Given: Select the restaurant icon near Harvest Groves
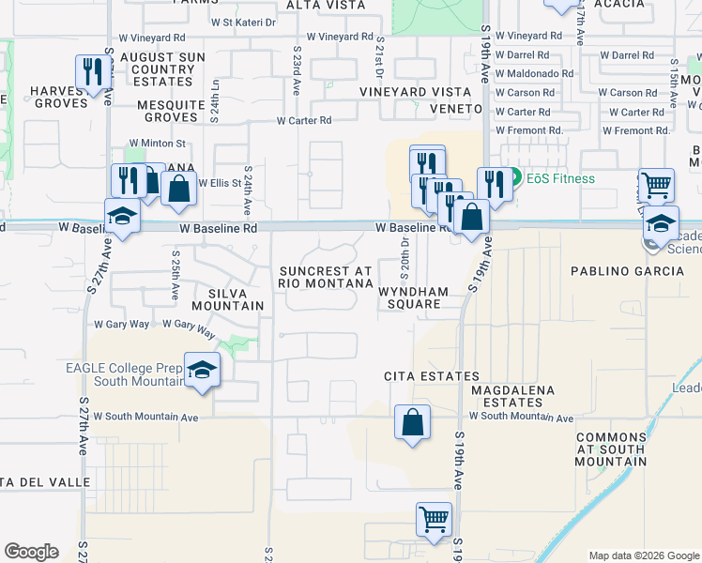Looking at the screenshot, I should pyautogui.click(x=90, y=72).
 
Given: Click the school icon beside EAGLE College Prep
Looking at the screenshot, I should pyautogui.click(x=202, y=371).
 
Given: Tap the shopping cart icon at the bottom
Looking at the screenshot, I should pyautogui.click(x=434, y=520).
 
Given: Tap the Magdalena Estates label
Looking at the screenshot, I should pyautogui.click(x=513, y=395).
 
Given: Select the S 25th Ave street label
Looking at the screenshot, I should pyautogui.click(x=175, y=275).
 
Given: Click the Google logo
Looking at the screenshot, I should pyautogui.click(x=31, y=552).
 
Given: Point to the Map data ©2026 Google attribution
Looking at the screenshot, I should pyautogui.click(x=644, y=555).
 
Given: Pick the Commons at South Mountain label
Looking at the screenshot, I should pyautogui.click(x=611, y=449).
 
